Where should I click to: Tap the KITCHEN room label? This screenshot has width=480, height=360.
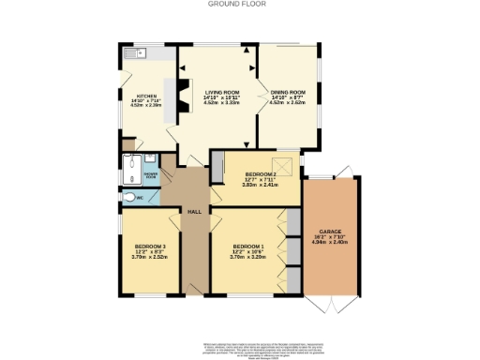click(x=146, y=97)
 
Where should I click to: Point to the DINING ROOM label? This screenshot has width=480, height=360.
click(x=288, y=92)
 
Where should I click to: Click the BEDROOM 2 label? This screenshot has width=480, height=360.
click(x=261, y=174)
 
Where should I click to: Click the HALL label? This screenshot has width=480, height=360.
click(x=195, y=213)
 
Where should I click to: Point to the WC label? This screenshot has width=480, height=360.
click(x=140, y=199)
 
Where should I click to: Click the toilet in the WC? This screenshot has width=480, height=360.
click(x=127, y=198)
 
